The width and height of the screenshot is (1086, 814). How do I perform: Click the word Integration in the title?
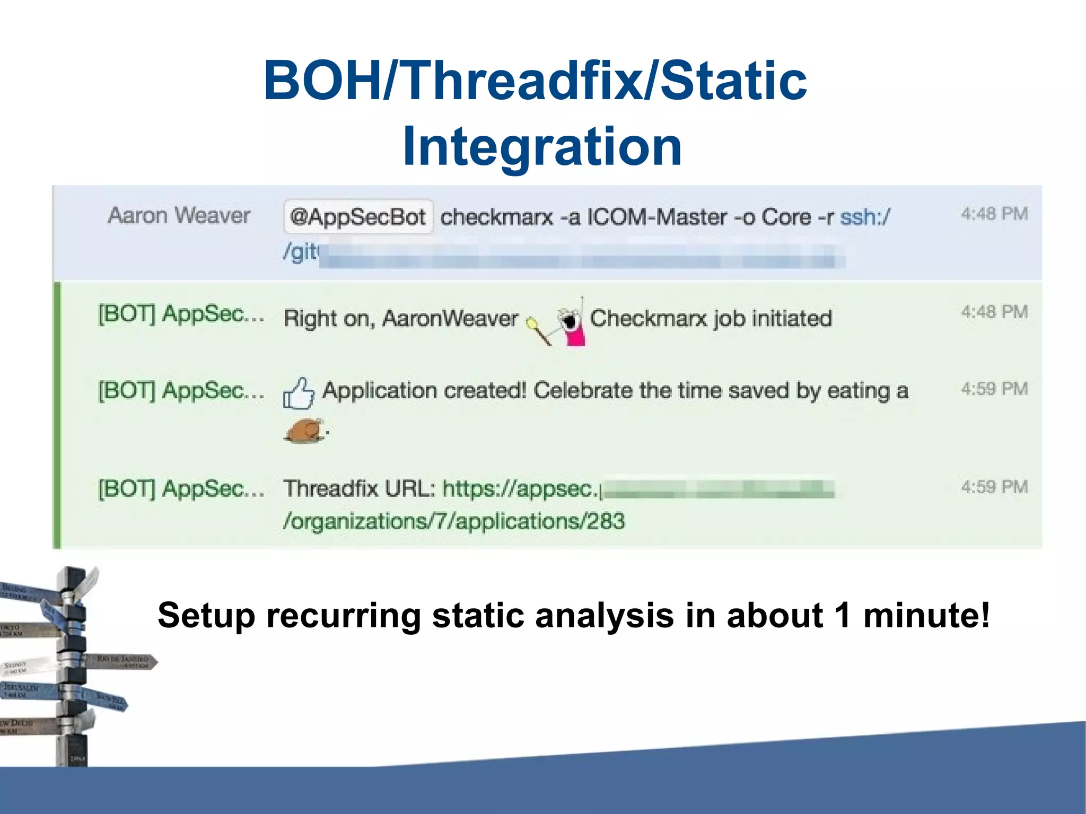(x=542, y=147)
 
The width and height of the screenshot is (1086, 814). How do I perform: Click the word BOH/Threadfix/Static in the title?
(x=535, y=81)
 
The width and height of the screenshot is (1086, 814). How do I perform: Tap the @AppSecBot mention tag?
(x=358, y=217)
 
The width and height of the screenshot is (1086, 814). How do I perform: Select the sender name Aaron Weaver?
(x=179, y=215)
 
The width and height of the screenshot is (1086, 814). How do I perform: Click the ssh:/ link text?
(x=865, y=217)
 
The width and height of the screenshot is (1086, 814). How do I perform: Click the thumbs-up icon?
(x=299, y=393)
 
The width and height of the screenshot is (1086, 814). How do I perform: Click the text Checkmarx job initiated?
(x=711, y=318)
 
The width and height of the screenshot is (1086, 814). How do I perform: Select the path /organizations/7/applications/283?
(x=454, y=521)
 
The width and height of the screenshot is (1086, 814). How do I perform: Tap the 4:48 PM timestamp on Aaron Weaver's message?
(x=994, y=214)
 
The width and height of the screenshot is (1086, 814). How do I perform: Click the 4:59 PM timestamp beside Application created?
(x=994, y=389)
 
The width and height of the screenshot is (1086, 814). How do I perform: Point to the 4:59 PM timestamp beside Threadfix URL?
(x=994, y=487)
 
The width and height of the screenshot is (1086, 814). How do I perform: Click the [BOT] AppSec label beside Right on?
(x=181, y=314)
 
